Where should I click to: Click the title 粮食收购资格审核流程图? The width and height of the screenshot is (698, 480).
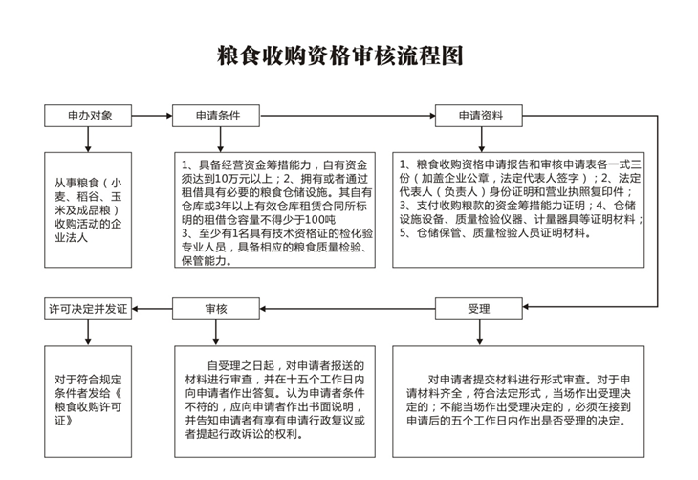click(340, 55)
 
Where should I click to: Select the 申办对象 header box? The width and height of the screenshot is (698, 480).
click(88, 116)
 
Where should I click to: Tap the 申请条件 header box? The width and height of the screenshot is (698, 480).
click(216, 116)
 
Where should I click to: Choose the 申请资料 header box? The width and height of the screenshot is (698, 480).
click(478, 116)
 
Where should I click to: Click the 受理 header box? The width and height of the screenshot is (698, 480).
click(478, 309)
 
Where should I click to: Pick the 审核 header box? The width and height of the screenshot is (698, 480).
click(216, 309)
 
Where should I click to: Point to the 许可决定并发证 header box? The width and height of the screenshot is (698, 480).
click(88, 309)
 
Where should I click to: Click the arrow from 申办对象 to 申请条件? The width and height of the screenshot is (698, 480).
click(152, 116)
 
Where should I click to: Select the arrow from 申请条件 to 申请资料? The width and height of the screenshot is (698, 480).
click(347, 116)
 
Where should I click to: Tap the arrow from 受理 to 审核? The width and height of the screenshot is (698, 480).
click(347, 309)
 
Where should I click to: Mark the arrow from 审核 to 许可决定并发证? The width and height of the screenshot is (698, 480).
click(152, 309)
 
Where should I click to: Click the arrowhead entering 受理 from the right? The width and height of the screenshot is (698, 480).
click(526, 307)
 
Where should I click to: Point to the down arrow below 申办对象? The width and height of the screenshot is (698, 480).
click(88, 140)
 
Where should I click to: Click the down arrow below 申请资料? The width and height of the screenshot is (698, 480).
click(481, 140)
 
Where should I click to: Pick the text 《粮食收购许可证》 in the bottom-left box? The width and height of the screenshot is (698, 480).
click(88, 406)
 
